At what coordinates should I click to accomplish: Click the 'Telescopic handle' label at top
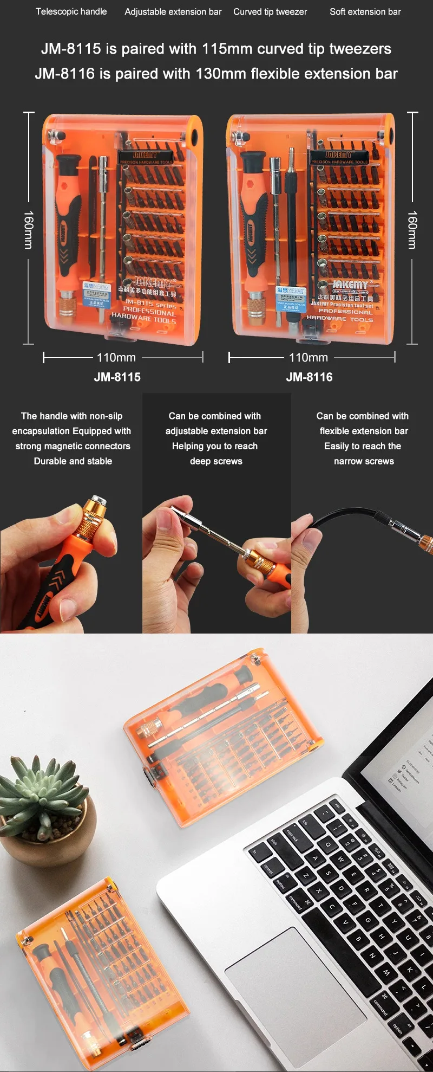click(71, 11)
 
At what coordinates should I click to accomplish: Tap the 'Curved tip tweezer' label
click(270, 12)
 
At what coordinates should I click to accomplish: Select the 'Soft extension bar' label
click(365, 12)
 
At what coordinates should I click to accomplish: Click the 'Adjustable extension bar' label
click(173, 12)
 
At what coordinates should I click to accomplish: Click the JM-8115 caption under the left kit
click(117, 377)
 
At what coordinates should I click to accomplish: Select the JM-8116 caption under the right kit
click(309, 377)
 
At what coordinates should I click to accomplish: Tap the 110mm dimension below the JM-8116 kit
click(309, 358)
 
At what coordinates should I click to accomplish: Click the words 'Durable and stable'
click(73, 461)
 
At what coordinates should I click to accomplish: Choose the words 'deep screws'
click(216, 461)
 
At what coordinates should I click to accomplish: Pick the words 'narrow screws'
click(364, 461)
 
